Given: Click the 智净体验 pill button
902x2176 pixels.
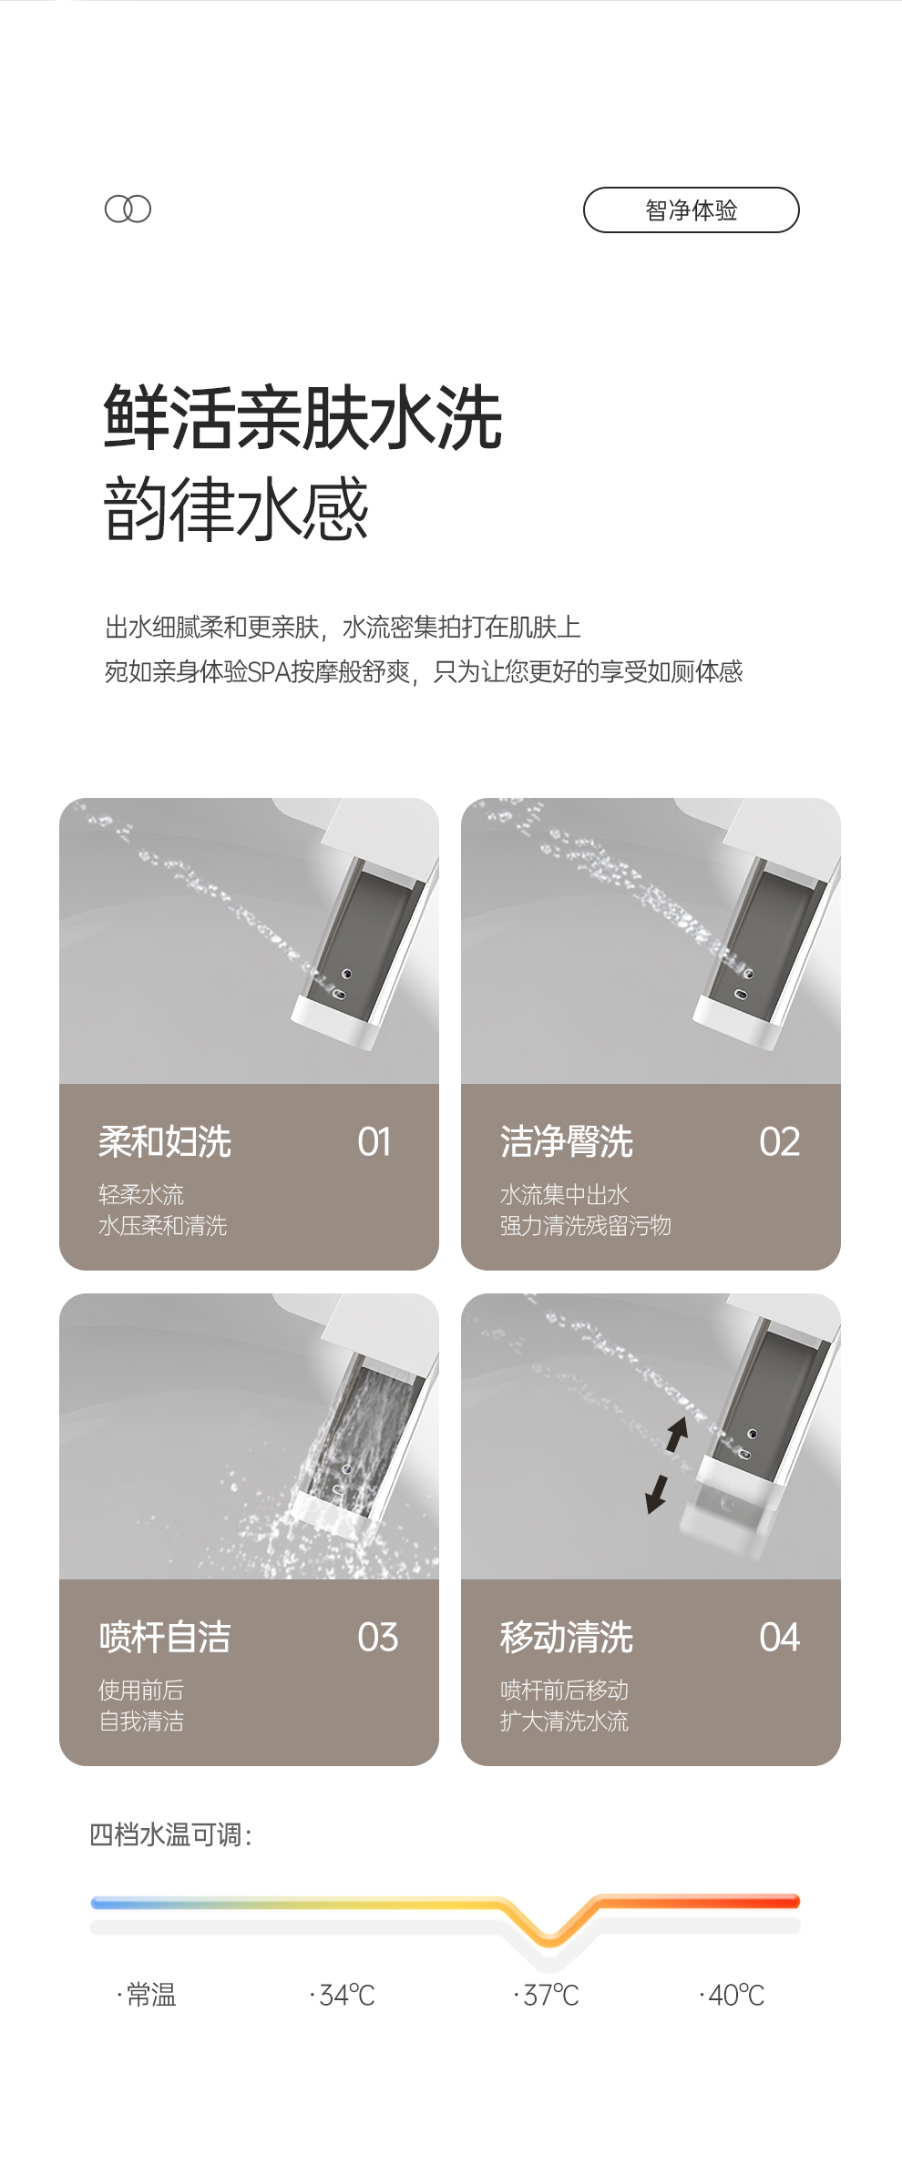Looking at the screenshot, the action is click(691, 210).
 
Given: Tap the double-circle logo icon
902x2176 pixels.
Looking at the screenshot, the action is click(128, 209).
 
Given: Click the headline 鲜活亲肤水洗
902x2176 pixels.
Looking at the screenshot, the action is click(302, 418).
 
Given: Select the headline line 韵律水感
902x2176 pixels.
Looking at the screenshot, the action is click(236, 508).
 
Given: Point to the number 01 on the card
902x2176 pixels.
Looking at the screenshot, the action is click(374, 1141).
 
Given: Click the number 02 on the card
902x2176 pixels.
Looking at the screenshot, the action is click(779, 1141).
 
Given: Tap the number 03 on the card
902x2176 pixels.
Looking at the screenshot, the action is click(378, 1637).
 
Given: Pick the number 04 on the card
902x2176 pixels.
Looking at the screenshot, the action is click(779, 1637).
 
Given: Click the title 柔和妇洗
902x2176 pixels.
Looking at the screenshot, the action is click(165, 1141).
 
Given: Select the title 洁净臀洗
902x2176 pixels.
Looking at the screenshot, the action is click(567, 1141).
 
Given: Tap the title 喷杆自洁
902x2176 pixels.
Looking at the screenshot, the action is click(165, 1637).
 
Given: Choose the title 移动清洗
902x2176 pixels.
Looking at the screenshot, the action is click(567, 1637).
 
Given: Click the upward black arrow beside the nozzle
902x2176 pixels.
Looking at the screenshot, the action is click(676, 1434).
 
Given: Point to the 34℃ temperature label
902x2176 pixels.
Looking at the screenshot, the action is click(343, 1995).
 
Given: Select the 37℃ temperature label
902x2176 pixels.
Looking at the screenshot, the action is click(547, 1995).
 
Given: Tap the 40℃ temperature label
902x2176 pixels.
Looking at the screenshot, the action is click(732, 1995).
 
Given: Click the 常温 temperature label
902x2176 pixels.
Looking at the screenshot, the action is click(147, 1995).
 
